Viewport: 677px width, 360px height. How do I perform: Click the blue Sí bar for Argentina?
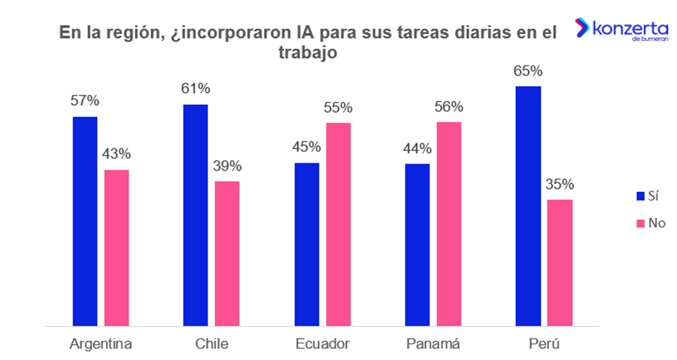click(x=85, y=221)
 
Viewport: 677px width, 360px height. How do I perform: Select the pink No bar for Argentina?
click(x=116, y=247)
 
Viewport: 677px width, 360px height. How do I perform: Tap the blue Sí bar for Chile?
click(x=195, y=215)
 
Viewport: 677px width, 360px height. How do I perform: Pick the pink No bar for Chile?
click(x=227, y=253)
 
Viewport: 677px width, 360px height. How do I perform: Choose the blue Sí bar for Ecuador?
click(x=307, y=244)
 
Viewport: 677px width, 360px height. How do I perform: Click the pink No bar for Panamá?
click(x=449, y=223)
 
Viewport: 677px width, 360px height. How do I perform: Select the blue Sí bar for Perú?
click(x=528, y=205)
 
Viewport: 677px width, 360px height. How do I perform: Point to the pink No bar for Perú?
click(x=559, y=262)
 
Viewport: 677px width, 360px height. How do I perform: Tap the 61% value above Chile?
click(x=195, y=88)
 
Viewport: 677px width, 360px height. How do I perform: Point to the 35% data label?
click(x=559, y=184)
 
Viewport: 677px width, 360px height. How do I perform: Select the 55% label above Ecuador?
click(x=338, y=107)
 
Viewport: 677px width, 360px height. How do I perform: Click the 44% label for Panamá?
click(x=416, y=148)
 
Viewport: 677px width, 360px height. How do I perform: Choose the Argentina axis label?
click(x=100, y=344)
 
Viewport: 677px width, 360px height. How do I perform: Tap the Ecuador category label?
click(x=322, y=344)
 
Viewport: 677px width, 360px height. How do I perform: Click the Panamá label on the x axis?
click(x=433, y=344)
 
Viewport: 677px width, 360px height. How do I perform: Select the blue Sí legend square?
click(x=641, y=195)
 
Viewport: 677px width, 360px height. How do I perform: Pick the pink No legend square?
click(x=641, y=223)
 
